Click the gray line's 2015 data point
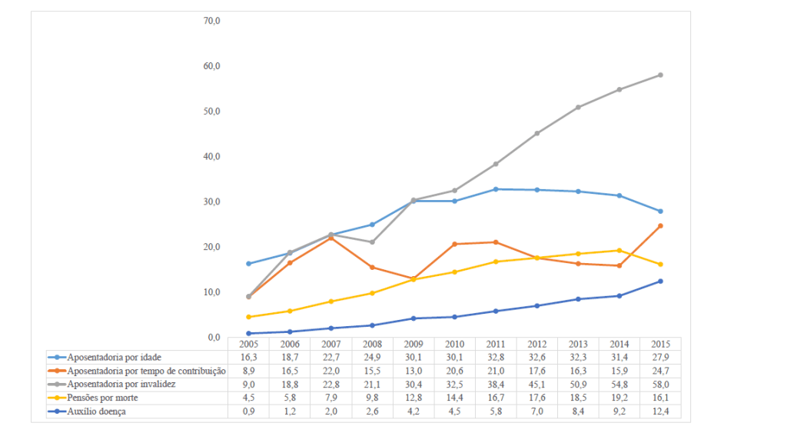[660, 75]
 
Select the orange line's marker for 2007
[331, 238]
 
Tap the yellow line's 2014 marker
[619, 251]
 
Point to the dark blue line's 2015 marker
[660, 281]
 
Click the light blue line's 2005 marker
[248, 264]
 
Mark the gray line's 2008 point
[373, 242]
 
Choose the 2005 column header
[248, 344]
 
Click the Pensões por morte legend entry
[103, 398]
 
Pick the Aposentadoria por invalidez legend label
[121, 385]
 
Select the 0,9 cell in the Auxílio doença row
[248, 411]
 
